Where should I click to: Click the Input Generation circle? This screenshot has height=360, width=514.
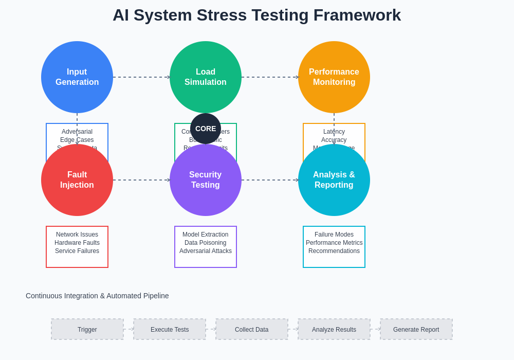click(x=77, y=77)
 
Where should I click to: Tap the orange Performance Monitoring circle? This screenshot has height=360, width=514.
click(x=334, y=77)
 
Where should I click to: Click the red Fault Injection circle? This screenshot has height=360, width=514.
click(x=77, y=180)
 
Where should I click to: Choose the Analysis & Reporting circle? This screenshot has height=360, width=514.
click(x=334, y=180)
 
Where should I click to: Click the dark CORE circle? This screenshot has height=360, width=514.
click(x=206, y=129)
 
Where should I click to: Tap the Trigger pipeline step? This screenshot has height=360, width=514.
click(x=87, y=329)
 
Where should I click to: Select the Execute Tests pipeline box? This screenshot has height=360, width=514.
click(x=170, y=329)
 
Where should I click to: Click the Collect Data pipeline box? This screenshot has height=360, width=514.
click(x=252, y=329)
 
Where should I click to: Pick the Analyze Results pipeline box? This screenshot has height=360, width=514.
click(x=334, y=329)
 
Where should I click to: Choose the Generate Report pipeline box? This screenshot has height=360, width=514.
click(x=416, y=329)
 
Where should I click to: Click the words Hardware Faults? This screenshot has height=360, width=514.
click(x=77, y=243)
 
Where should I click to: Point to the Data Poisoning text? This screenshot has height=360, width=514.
click(x=206, y=243)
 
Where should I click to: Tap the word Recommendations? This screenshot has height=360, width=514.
click(x=334, y=251)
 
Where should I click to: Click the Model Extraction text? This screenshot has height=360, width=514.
click(x=206, y=235)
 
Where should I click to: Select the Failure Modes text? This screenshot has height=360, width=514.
click(x=334, y=235)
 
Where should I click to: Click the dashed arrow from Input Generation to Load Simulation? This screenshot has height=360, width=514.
click(x=141, y=77)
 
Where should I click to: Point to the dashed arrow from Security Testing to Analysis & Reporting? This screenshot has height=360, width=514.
click(x=270, y=180)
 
